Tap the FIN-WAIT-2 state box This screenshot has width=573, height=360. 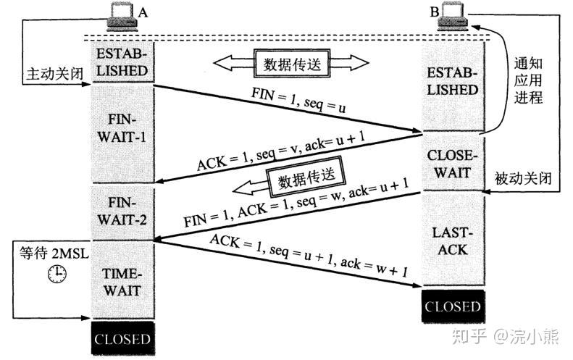click(121, 211)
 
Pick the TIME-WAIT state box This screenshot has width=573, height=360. click(121, 282)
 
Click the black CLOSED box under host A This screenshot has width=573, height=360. click(121, 339)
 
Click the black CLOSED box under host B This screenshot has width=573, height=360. click(453, 306)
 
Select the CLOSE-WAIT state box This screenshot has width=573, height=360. click(453, 162)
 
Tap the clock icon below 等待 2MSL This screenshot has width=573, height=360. click(57, 274)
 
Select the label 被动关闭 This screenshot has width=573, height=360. click(519, 177)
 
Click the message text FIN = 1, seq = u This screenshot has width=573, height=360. click(298, 101)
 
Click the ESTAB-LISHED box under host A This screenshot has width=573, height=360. click(121, 62)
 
